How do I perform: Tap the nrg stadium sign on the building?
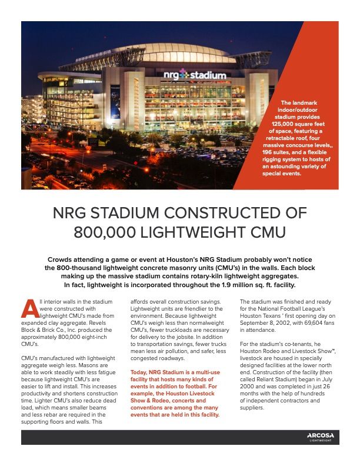click(x=194, y=76)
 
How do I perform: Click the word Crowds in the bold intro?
click(x=62, y=259)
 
